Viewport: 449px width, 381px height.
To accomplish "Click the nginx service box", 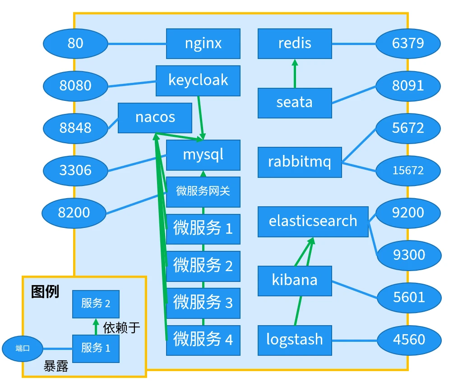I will click(203, 44).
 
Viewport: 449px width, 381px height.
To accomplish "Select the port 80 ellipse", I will click(75, 44).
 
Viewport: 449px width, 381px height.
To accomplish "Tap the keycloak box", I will click(198, 81).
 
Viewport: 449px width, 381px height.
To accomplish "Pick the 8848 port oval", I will click(75, 128).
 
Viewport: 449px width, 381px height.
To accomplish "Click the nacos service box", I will click(155, 118).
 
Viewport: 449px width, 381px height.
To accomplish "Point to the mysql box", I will click(203, 155).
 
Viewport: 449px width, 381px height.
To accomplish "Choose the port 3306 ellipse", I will click(75, 170).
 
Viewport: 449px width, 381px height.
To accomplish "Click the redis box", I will click(295, 44).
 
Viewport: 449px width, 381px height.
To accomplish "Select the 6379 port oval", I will click(408, 44).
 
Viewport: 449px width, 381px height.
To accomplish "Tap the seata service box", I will click(295, 103).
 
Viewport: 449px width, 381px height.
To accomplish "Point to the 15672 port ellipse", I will click(408, 170).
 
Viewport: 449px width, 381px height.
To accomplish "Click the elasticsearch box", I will click(313, 222).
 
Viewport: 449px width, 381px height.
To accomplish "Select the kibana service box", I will click(295, 281).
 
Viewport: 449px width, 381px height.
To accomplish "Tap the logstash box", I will click(295, 340).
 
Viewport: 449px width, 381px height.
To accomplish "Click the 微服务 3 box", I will click(203, 303).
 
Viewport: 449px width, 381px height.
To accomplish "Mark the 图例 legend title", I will click(45, 292).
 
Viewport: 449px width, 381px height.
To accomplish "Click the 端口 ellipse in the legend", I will click(23, 349).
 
